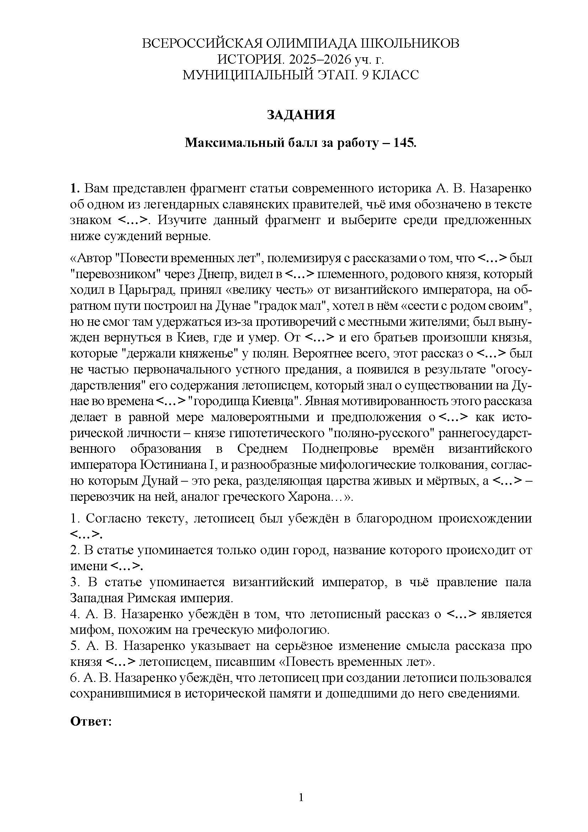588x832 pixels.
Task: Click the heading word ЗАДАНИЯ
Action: (x=300, y=115)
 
